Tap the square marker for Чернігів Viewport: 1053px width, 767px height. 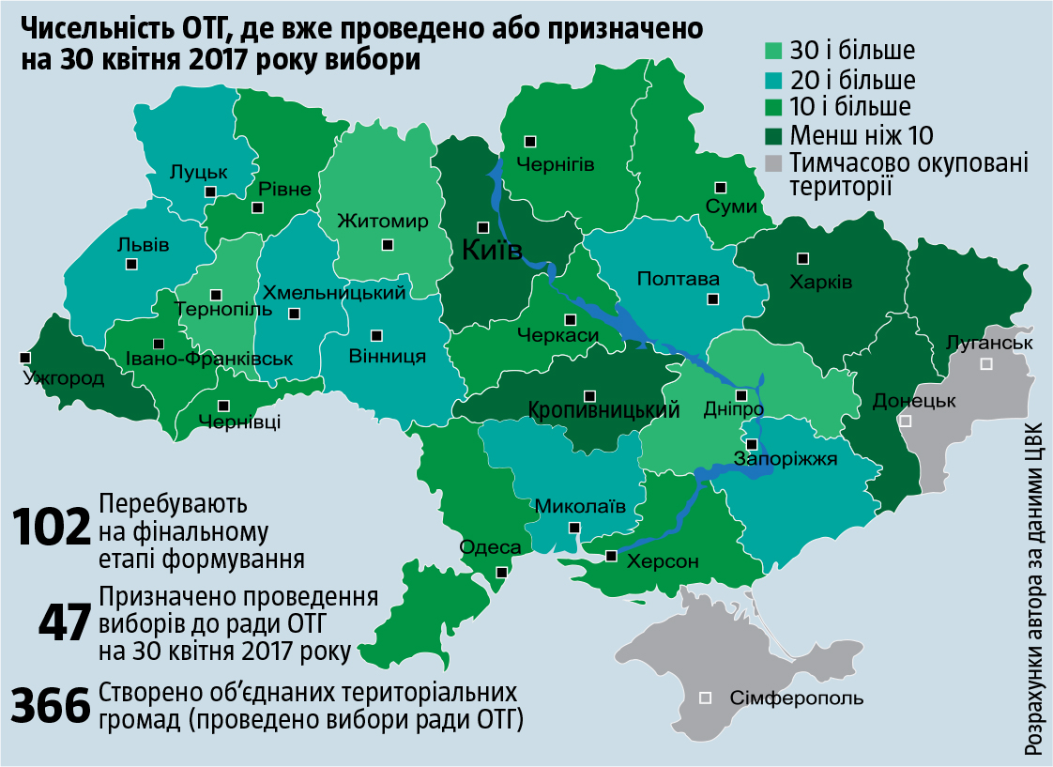(x=530, y=141)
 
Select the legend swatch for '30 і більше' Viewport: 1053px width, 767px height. (x=774, y=50)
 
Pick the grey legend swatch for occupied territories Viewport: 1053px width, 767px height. (x=774, y=163)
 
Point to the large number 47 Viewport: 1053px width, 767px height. (x=64, y=623)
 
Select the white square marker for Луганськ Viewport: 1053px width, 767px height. (x=985, y=363)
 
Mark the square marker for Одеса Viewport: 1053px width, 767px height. (x=502, y=572)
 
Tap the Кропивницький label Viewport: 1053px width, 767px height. (x=603, y=411)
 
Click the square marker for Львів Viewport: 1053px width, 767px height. (x=130, y=265)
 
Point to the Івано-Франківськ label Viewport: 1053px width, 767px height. (x=209, y=359)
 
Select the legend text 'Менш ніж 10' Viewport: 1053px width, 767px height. (x=862, y=133)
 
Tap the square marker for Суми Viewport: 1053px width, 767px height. (x=720, y=187)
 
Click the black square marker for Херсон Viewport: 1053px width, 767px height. (x=611, y=556)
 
